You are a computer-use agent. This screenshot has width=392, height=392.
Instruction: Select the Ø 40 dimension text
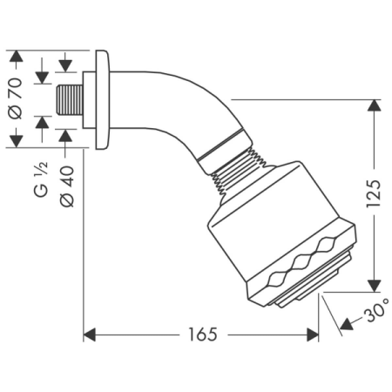point(66,186)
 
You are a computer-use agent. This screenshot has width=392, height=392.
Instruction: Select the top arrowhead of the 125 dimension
point(373,105)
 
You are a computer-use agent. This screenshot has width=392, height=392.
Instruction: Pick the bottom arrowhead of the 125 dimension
point(373,286)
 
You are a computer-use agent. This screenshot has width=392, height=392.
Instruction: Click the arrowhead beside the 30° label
point(344,325)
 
